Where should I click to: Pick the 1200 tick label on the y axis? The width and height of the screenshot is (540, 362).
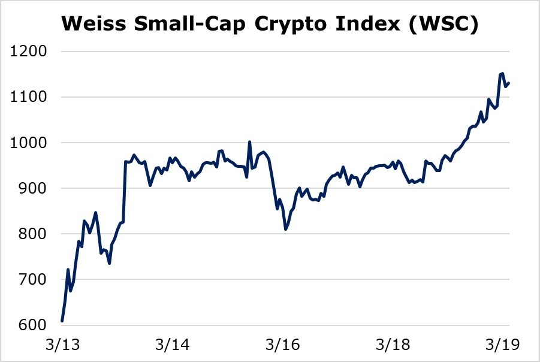tap(29, 52)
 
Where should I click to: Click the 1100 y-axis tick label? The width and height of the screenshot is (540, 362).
tap(29, 97)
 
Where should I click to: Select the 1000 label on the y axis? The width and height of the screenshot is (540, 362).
tap(29, 143)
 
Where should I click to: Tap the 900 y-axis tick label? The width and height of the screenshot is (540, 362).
tap(33, 188)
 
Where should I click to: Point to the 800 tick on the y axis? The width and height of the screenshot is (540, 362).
tap(33, 234)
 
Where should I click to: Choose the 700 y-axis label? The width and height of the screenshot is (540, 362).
tap(33, 279)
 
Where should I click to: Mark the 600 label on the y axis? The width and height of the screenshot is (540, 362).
tap(33, 325)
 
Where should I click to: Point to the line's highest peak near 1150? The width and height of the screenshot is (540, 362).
tap(502, 74)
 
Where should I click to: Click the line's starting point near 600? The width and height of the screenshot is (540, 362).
tap(62, 321)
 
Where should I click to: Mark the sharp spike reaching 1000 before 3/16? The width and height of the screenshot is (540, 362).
tap(249, 142)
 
